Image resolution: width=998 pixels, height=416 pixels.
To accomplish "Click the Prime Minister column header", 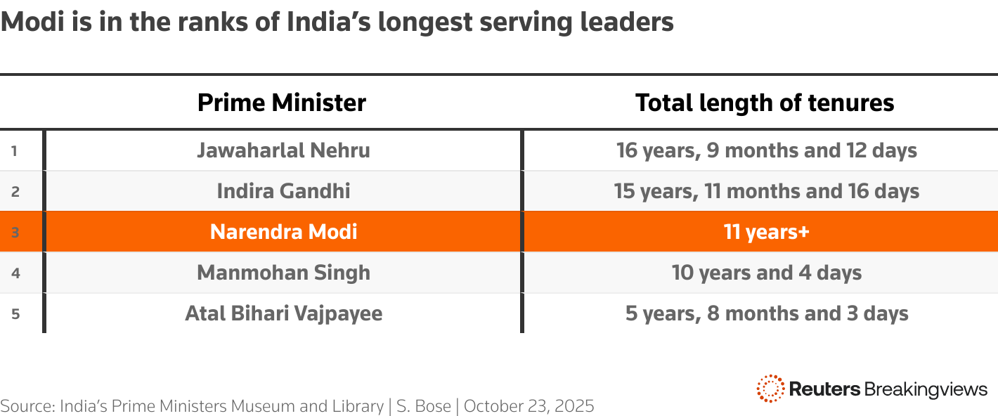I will click(x=282, y=103).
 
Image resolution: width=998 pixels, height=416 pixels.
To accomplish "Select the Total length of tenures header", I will click(x=765, y=103).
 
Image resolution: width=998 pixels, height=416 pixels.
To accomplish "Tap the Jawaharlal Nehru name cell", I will click(x=283, y=150).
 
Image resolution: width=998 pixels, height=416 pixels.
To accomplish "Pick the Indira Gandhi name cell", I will click(x=283, y=191).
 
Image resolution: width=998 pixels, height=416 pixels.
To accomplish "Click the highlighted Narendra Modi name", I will click(x=283, y=232).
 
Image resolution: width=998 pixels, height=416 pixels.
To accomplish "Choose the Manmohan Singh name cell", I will click(x=283, y=273).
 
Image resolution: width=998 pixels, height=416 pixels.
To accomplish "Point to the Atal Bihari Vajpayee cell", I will click(x=283, y=313).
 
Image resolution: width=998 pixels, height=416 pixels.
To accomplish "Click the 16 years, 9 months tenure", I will click(x=767, y=150).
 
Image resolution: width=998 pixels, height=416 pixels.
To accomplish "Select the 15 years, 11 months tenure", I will click(x=767, y=191).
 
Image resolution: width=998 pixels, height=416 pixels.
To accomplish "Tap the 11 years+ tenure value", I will click(x=767, y=232).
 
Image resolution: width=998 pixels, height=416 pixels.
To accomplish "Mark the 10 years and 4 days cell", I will click(x=767, y=273).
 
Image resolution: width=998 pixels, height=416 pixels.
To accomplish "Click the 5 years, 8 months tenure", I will click(x=767, y=313).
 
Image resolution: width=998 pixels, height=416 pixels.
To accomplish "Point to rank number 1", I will click(x=15, y=150).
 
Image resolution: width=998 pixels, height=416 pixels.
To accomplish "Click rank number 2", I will click(x=15, y=191).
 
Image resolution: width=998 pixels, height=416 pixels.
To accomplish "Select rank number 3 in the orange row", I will click(x=15, y=232).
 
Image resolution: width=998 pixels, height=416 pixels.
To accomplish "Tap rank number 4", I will click(x=15, y=273).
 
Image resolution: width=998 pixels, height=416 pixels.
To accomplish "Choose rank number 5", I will click(x=15, y=313).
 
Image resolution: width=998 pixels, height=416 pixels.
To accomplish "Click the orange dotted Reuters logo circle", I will click(x=770, y=389).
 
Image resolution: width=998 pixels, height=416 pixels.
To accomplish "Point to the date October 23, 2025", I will click(x=529, y=406).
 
